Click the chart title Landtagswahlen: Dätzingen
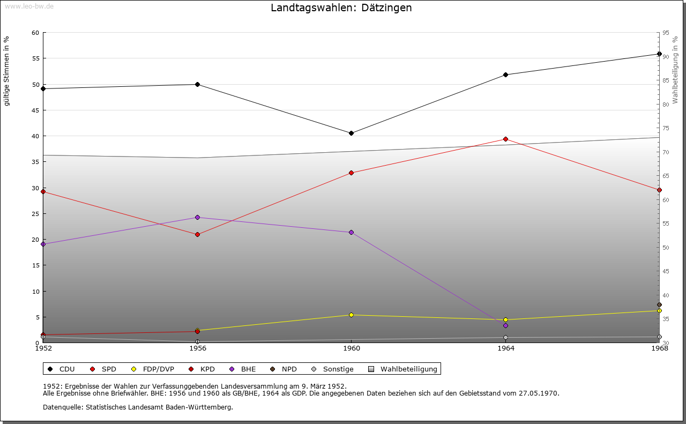341,8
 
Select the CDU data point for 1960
351,133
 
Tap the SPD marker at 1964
505,139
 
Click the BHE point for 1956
197,217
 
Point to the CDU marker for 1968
659,54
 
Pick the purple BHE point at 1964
505,325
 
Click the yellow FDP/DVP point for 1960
351,315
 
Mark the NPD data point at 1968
659,304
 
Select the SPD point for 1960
351,173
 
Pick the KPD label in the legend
207,369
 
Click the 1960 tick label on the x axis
351,348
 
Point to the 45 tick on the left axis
35,110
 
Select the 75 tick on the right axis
665,128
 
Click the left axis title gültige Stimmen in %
7,71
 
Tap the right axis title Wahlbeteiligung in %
675,70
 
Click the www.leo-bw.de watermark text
29,6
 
